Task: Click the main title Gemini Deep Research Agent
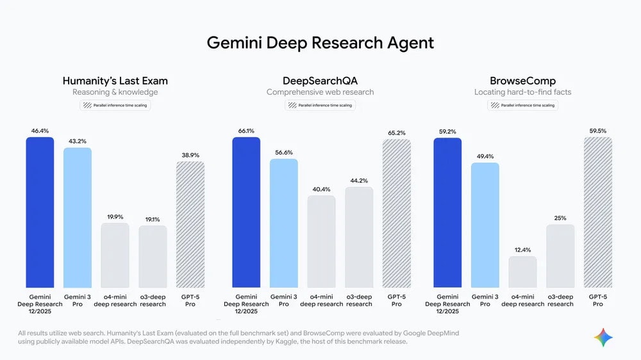click(320, 43)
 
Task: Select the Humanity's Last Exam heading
click(115, 81)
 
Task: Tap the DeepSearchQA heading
click(320, 81)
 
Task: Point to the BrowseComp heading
click(522, 81)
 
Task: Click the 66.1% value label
click(246, 130)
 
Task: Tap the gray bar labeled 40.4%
click(321, 241)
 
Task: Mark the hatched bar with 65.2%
click(397, 213)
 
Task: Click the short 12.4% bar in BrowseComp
click(522, 272)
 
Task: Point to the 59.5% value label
click(597, 131)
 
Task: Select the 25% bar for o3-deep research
click(560, 256)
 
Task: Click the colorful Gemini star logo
click(603, 337)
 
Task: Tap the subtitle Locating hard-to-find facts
click(522, 92)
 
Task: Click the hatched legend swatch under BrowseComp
click(495, 105)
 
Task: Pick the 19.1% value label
click(153, 219)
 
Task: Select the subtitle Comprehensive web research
click(320, 92)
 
